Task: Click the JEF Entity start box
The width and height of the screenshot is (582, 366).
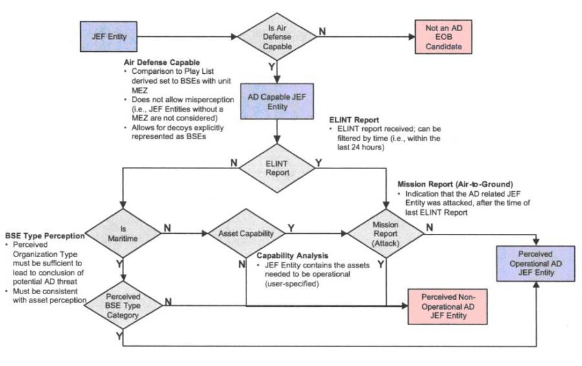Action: tap(107, 37)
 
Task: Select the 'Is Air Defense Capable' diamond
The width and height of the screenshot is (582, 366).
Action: tap(276, 37)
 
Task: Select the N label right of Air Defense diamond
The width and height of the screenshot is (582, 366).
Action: tap(321, 30)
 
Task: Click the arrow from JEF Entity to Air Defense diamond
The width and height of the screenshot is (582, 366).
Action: tap(187, 37)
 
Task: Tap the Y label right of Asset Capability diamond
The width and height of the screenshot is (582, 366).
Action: tap(291, 227)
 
